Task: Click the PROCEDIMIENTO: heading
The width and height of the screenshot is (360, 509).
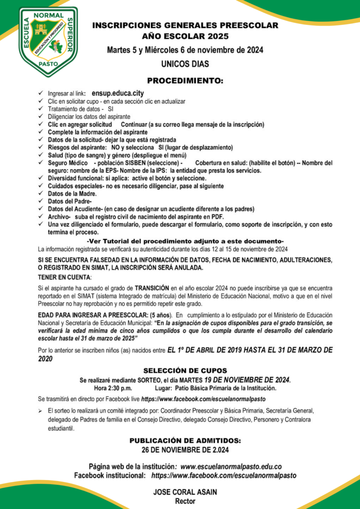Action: (185, 81)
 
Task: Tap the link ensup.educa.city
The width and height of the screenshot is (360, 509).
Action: (118, 93)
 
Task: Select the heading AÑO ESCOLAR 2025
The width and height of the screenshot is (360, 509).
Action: (185, 36)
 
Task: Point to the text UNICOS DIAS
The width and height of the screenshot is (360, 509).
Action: (185, 64)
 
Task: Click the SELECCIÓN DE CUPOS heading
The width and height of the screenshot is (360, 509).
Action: (185, 370)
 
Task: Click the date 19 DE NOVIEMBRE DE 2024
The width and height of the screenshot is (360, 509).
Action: (247, 380)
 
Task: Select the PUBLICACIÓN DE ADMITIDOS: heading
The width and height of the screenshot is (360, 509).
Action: (185, 441)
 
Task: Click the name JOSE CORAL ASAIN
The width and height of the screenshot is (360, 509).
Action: (185, 492)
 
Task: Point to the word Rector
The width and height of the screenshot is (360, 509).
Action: (185, 501)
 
